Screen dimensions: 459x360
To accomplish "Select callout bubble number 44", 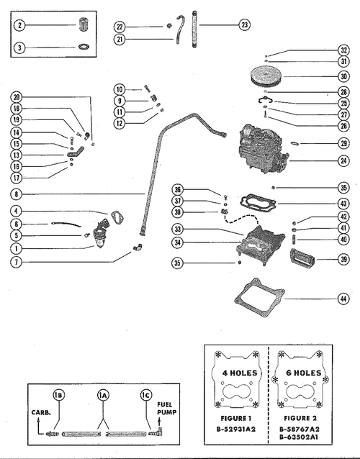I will pos(343,297).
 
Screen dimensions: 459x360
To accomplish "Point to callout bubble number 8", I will pos(17,194).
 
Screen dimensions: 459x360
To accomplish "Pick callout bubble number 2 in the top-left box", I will pos(21,26).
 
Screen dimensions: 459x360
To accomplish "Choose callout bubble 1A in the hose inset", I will pos(105,396).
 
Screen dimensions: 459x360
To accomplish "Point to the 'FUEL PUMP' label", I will pos(167,410).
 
